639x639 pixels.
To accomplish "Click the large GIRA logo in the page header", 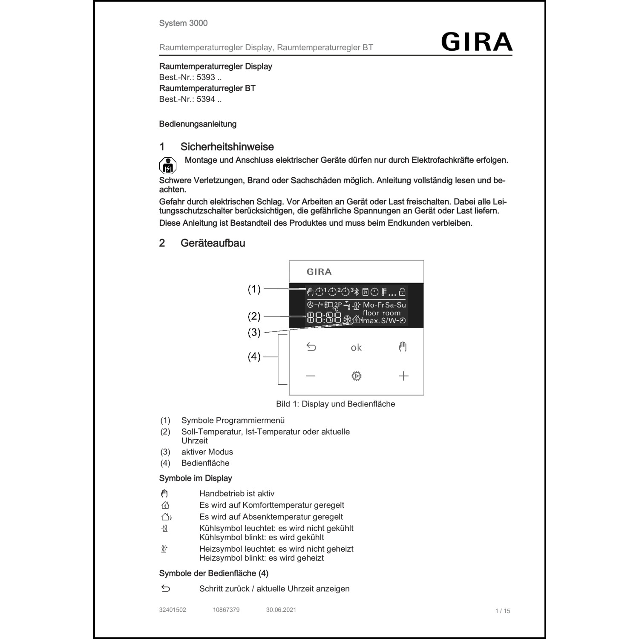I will [x=476, y=42].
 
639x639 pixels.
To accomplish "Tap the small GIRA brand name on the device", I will [x=319, y=272].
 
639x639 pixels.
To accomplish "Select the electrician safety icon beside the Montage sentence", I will [x=167, y=166].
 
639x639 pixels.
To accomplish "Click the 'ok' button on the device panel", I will [x=356, y=348].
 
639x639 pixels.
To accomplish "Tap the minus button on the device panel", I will [x=311, y=376].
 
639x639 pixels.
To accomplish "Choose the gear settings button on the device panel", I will [x=356, y=376].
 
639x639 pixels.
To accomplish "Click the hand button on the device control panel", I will [x=403, y=347].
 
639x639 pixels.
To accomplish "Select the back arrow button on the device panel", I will [x=311, y=347].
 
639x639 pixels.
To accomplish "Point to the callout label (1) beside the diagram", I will [x=254, y=289].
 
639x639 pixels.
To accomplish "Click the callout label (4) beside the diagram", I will [x=254, y=357].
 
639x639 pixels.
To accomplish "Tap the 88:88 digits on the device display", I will [x=324, y=318].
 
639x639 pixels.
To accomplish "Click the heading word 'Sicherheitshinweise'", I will [x=227, y=147].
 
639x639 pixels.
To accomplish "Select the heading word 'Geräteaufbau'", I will [x=213, y=243].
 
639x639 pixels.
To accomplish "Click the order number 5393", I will [x=206, y=78].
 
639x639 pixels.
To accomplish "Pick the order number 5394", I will [x=206, y=99].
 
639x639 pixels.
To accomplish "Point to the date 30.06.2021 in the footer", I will [x=281, y=610].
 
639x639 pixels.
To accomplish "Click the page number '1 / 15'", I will [x=502, y=611].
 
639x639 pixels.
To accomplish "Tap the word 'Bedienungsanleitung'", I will [x=198, y=124].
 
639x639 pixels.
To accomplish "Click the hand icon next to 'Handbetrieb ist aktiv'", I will [x=165, y=494].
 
